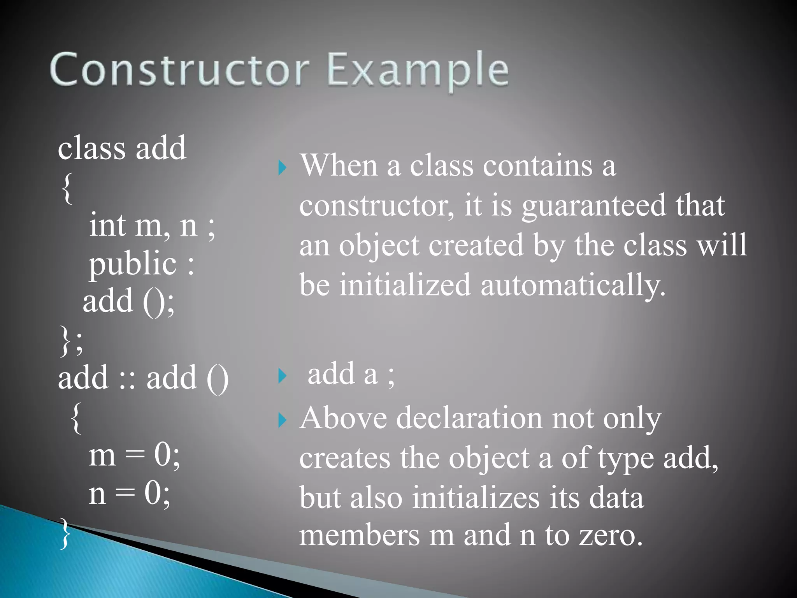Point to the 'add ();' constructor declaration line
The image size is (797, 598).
128,302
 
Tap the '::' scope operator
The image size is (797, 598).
127,378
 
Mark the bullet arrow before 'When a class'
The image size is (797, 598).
283,168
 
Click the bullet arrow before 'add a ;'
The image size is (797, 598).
283,376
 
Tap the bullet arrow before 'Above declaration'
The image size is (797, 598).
283,420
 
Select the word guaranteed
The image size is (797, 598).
593,206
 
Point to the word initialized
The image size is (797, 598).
405,285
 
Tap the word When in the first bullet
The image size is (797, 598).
339,165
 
